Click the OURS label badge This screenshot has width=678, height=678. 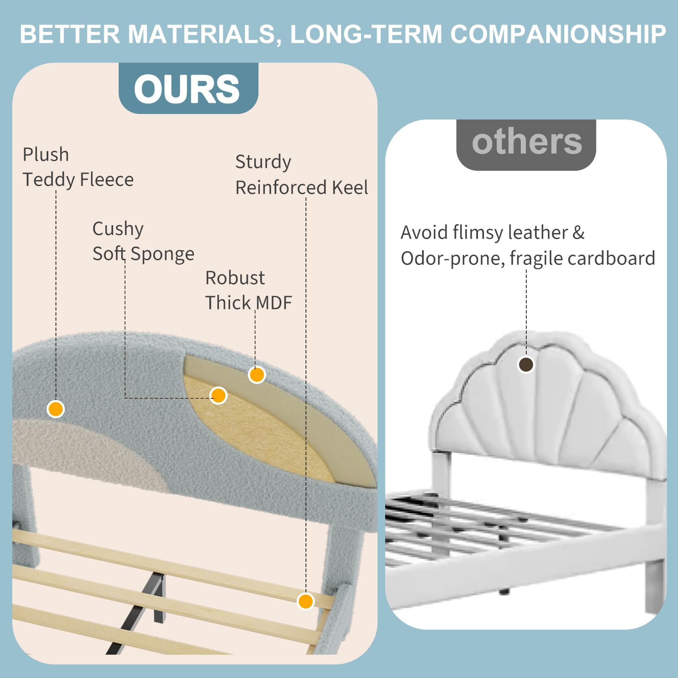pyautogui.click(x=188, y=88)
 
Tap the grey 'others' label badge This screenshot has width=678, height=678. pyautogui.click(x=526, y=145)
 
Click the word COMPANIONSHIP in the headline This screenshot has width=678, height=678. pyautogui.click(x=558, y=34)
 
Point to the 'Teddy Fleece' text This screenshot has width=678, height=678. pyautogui.click(x=78, y=180)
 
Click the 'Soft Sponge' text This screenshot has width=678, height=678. pyautogui.click(x=143, y=254)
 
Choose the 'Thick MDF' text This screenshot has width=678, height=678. pyautogui.click(x=249, y=303)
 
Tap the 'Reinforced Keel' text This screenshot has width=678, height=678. pyautogui.click(x=302, y=187)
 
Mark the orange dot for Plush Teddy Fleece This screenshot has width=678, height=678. pyautogui.click(x=56, y=409)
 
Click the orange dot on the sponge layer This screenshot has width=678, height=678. pyautogui.click(x=218, y=395)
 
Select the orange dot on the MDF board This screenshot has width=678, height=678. pyautogui.click(x=257, y=375)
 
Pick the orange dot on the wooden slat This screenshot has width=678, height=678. pyautogui.click(x=306, y=601)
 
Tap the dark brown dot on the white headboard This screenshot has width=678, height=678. pyautogui.click(x=526, y=364)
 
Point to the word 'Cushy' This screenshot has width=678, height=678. pyautogui.click(x=118, y=229)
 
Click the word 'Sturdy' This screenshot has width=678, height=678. pyautogui.click(x=263, y=162)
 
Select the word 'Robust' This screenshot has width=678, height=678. pyautogui.click(x=235, y=278)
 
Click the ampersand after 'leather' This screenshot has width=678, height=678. pyautogui.click(x=578, y=233)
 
